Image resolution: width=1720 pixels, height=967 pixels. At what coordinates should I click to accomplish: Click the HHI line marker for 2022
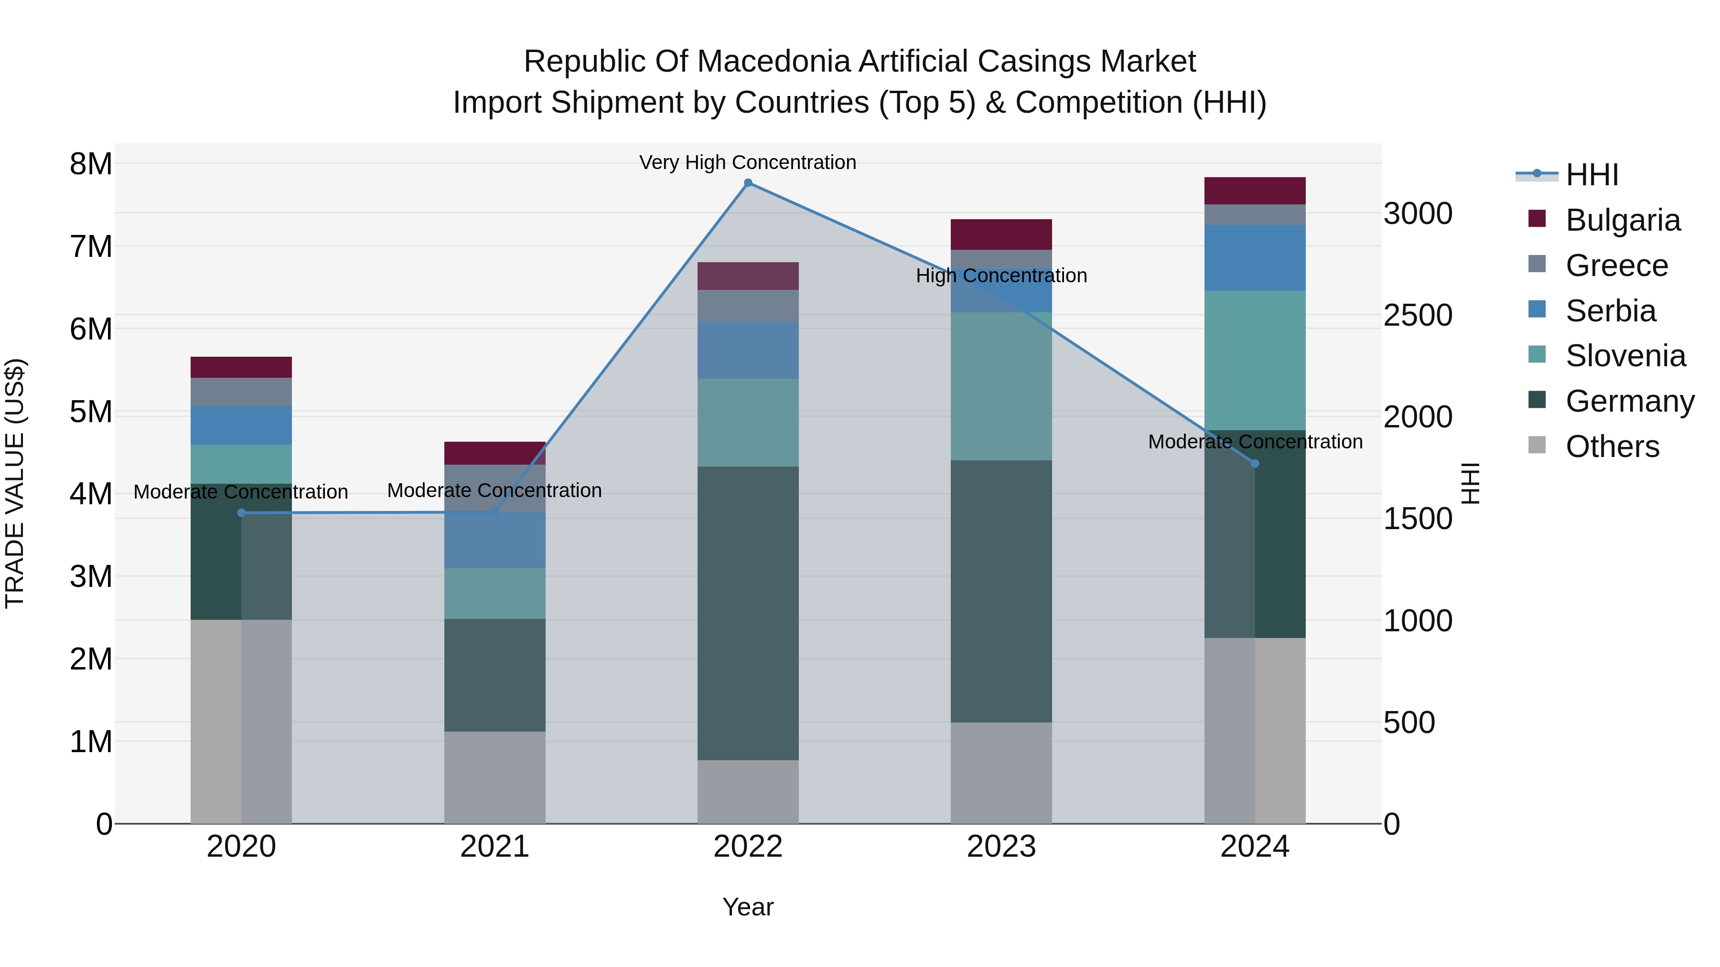[x=748, y=183]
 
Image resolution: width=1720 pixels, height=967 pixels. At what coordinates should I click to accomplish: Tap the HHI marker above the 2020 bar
[x=242, y=512]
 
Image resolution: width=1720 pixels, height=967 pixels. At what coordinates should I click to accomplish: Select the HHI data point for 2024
[x=1255, y=463]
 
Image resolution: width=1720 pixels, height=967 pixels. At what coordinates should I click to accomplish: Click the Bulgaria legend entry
[x=1622, y=220]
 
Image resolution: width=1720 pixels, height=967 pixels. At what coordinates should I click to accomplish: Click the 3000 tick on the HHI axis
[x=1418, y=214]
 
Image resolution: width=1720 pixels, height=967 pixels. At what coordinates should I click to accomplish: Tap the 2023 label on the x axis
[x=1001, y=847]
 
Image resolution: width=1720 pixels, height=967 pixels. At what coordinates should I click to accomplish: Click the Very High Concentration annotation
[x=747, y=162]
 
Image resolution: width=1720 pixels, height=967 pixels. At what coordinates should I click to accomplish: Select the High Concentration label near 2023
[x=1001, y=276]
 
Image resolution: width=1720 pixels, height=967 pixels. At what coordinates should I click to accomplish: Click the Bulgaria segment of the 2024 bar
[x=1255, y=191]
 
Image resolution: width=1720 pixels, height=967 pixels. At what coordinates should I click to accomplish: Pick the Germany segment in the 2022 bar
[x=748, y=613]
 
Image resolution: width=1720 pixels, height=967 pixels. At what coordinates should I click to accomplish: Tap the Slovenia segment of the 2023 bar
[x=1001, y=386]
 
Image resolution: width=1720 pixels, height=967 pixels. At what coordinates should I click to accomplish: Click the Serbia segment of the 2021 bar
[x=495, y=540]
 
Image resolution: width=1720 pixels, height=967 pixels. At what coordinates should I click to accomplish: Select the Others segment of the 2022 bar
[x=748, y=791]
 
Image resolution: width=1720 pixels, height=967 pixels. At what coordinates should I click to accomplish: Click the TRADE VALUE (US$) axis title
[x=15, y=483]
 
